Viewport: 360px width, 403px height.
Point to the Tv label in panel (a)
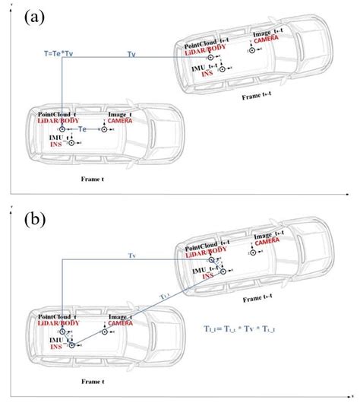[x=131, y=54]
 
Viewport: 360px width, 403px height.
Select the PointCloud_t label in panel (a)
[x=58, y=113]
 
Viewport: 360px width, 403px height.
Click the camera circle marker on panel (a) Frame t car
[x=106, y=130]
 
